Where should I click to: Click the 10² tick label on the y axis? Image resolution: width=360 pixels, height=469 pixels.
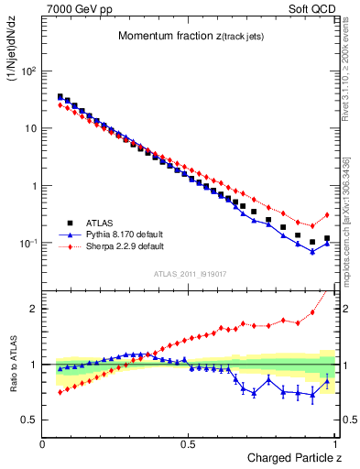click(28, 71)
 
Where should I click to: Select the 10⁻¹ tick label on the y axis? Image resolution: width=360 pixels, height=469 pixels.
click(28, 244)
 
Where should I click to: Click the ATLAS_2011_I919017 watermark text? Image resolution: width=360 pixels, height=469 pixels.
click(189, 274)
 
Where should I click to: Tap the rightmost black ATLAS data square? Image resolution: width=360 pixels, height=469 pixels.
click(327, 238)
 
